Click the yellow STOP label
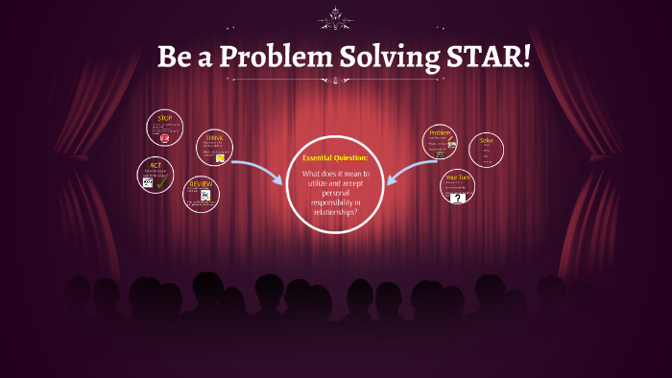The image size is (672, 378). tap(164, 119)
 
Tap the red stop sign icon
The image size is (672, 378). tap(165, 138)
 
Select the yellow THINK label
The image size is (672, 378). tap(213, 137)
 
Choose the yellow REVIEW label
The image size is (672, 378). tap(201, 183)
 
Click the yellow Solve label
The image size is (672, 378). tap(487, 140)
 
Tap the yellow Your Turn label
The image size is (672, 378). tap(458, 178)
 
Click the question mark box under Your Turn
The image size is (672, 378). tap(458, 198)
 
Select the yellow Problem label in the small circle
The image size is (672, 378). tap(440, 133)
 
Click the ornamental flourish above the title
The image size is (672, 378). tap(335, 17)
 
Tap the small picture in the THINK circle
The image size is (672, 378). tap(221, 158)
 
